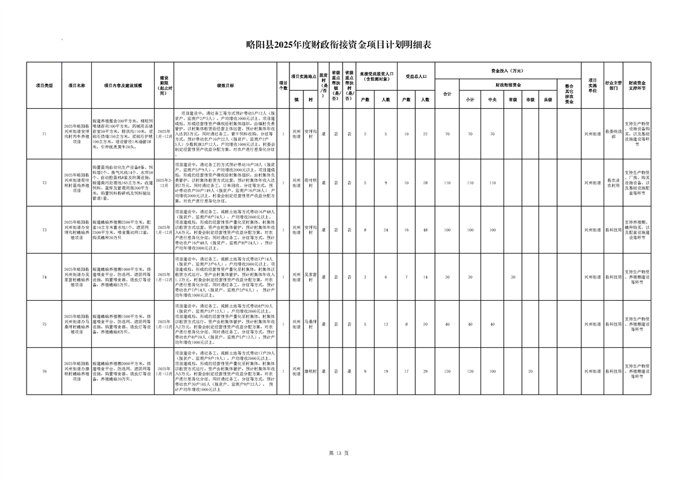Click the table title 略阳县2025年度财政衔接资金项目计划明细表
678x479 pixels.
coord(338,44)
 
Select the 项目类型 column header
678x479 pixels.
coord(44,85)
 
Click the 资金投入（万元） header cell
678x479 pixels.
coord(508,71)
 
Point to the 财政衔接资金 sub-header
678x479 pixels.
coord(508,85)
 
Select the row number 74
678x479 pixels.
coord(44,277)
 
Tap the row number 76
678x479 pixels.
coord(44,371)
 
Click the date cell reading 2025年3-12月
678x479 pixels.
coord(164,182)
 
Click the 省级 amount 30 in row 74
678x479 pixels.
coord(512,277)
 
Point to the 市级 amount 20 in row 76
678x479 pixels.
coord(531,371)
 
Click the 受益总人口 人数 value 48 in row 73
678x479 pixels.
coord(425,230)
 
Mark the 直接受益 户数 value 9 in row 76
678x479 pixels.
coord(365,371)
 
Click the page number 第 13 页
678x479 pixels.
coord(338,452)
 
